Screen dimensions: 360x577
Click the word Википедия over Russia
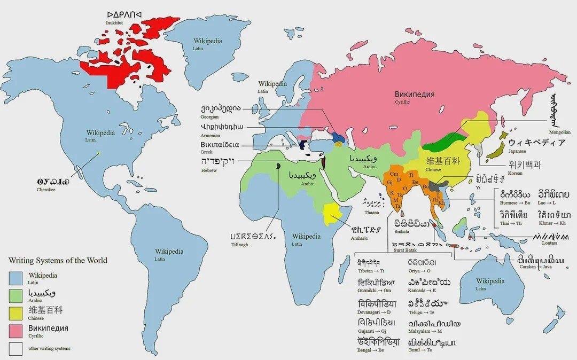415,94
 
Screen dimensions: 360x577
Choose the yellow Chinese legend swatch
15,313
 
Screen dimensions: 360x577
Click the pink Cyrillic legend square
15,331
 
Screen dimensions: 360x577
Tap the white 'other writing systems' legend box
15,348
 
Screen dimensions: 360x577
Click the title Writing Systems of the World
58,261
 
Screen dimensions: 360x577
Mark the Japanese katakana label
535,143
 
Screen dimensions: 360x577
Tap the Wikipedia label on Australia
490,281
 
